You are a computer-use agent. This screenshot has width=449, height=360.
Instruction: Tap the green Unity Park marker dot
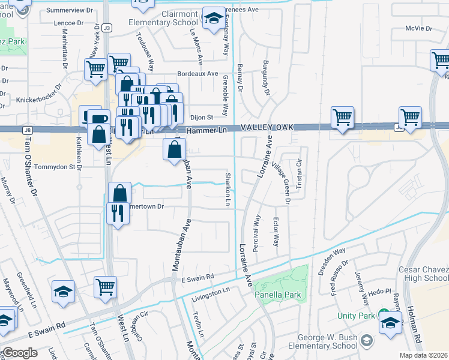(382, 311)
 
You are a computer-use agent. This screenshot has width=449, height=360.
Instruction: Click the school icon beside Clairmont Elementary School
(213, 18)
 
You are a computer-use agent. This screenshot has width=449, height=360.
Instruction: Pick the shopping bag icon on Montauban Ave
(174, 150)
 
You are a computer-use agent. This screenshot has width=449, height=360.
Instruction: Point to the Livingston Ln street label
(211, 290)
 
